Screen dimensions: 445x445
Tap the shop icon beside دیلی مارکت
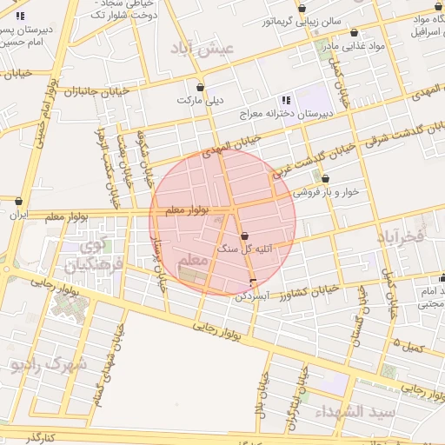click(202, 88)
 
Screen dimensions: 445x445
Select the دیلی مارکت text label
click(201, 101)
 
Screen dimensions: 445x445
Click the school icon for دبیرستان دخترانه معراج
click(286, 100)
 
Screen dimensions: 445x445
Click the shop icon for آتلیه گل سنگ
click(243, 236)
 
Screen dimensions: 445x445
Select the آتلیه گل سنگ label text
click(244, 249)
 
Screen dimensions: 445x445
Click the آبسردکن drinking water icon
click(253, 283)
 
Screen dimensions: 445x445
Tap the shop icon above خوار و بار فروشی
click(325, 179)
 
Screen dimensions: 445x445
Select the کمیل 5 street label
click(409, 346)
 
